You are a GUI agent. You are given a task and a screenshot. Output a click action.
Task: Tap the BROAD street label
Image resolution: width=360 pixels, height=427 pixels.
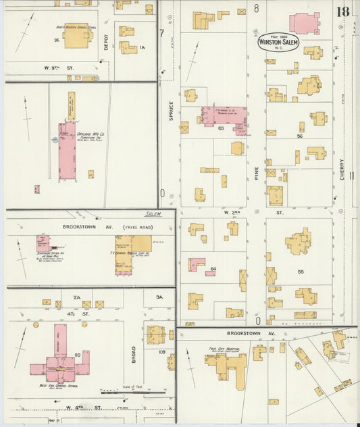point(134,354)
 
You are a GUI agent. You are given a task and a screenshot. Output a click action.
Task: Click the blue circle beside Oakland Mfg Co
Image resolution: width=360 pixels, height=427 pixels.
point(54,140)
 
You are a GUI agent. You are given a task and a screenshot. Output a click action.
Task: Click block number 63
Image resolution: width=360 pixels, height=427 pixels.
point(220,128)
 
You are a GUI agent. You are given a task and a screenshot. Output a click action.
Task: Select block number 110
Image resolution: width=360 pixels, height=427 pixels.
point(78,355)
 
